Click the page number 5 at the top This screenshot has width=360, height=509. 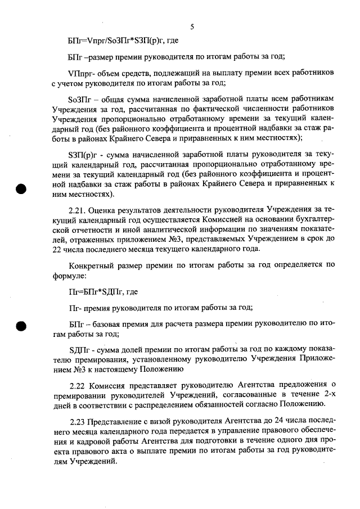[x=192, y=26]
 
